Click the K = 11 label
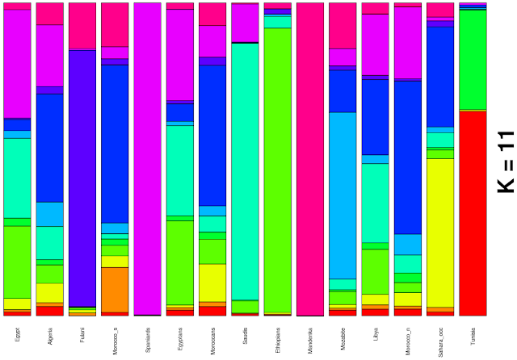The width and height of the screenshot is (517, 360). click(504, 161)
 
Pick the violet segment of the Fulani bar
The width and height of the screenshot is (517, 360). click(82, 178)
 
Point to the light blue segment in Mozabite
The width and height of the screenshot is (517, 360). click(343, 195)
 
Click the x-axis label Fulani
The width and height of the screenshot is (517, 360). click(82, 334)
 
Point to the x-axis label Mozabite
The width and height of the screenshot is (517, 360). click(343, 336)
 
